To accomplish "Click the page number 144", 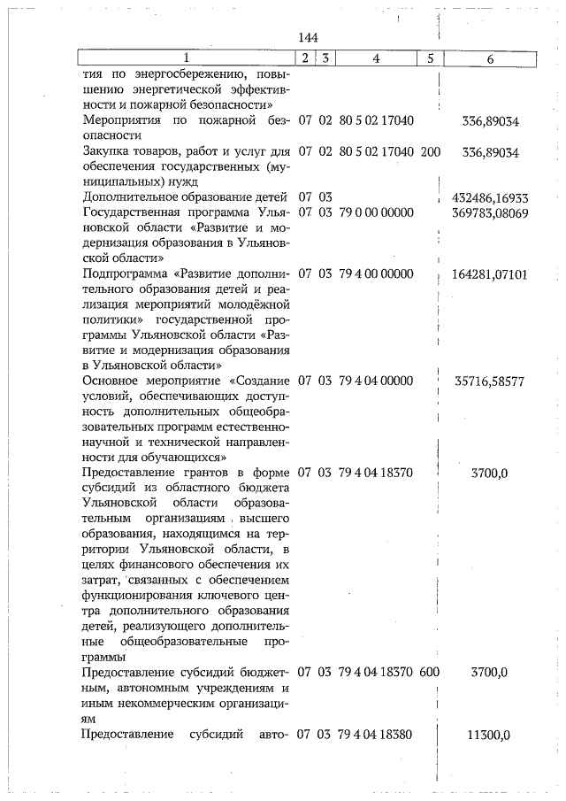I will pyautogui.click(x=308, y=37).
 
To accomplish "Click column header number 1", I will pyautogui.click(x=185, y=58).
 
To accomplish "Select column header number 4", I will pyautogui.click(x=376, y=58).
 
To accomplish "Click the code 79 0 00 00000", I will pyautogui.click(x=376, y=212).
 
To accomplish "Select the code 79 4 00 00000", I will pyautogui.click(x=376, y=273).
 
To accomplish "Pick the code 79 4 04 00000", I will pyautogui.click(x=376, y=381).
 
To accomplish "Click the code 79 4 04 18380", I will pyautogui.click(x=376, y=735).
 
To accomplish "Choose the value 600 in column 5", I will pyautogui.click(x=430, y=673).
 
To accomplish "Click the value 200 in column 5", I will pyautogui.click(x=431, y=151).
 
